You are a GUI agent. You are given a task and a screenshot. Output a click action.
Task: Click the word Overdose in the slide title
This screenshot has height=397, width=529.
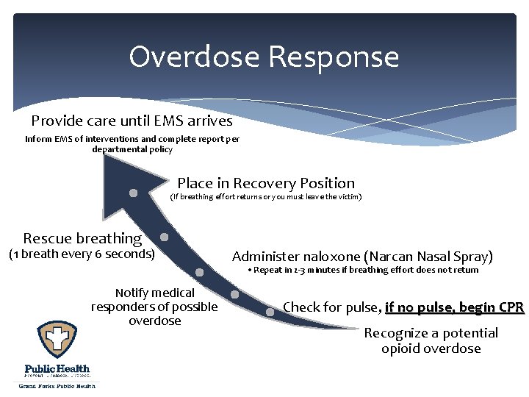[194, 57]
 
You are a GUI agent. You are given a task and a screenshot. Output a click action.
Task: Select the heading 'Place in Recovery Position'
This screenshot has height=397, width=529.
[266, 184]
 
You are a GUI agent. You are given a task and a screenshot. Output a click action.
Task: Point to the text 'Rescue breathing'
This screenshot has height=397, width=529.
[82, 238]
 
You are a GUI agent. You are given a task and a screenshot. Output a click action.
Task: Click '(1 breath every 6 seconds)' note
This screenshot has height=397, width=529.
[82, 254]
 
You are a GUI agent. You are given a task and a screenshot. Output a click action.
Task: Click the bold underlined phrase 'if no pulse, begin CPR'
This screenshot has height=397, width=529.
[454, 307]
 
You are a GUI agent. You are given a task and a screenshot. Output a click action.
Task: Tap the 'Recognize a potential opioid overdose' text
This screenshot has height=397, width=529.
[431, 340]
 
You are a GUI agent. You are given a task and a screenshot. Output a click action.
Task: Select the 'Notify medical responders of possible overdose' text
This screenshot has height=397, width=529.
[154, 307]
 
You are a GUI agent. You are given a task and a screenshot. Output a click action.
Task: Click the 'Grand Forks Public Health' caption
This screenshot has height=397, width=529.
[57, 385]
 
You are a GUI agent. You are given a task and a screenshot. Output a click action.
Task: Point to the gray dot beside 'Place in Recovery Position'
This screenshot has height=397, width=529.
[134, 193]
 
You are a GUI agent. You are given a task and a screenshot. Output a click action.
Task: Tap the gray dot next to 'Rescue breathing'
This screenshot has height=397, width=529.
[165, 237]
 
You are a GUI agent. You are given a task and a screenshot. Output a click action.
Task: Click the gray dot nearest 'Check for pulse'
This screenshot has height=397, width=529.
[270, 312]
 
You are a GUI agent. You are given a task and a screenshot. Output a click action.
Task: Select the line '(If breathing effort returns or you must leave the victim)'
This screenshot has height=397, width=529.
[266, 197]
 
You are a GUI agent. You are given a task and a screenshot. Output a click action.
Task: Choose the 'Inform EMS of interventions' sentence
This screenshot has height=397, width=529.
[132, 143]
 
